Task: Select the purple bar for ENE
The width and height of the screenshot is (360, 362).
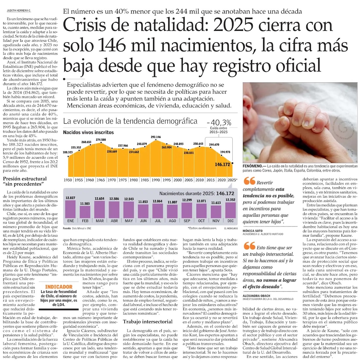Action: [x=70, y=209]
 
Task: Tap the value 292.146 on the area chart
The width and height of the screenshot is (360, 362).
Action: [x=156, y=137]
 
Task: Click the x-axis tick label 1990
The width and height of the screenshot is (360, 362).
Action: [x=155, y=180]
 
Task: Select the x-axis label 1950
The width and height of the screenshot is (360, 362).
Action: [x=68, y=180]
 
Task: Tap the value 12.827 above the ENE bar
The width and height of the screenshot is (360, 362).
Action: [x=70, y=198]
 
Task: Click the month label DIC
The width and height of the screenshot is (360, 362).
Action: [x=230, y=221]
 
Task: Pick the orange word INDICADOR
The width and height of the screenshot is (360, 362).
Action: [x=59, y=287]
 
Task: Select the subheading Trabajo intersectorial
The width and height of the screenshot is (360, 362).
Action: [x=148, y=321]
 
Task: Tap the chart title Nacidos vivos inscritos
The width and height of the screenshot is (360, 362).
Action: [x=88, y=133]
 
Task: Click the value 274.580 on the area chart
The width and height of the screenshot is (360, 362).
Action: [x=100, y=140]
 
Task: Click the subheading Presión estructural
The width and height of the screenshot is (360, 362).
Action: [x=25, y=179]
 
